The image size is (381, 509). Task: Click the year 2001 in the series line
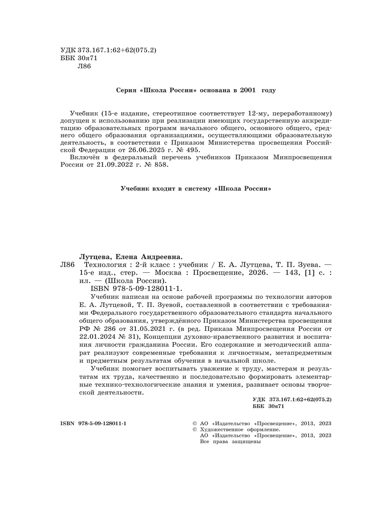(x=248, y=90)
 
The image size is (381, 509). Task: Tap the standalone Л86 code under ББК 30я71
(x=84, y=66)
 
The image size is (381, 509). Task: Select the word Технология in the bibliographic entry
(x=103, y=264)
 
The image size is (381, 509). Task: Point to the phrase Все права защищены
(x=231, y=442)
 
